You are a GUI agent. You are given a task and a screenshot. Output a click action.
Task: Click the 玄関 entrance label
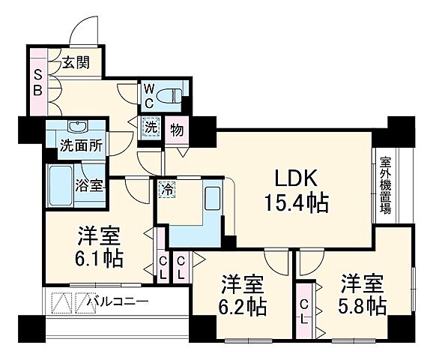click(x=75, y=63)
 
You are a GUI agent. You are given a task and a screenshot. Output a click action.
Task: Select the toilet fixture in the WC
click(x=171, y=95)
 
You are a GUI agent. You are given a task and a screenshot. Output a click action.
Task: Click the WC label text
click(x=149, y=94)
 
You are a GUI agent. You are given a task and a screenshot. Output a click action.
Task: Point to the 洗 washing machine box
click(x=151, y=128)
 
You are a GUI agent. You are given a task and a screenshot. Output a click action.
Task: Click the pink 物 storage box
click(x=177, y=129)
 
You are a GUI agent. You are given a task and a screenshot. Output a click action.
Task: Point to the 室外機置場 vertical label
click(x=384, y=186)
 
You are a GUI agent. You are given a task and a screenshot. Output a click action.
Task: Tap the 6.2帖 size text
click(x=243, y=297)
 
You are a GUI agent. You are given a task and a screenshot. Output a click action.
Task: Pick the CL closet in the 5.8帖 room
click(x=303, y=310)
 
